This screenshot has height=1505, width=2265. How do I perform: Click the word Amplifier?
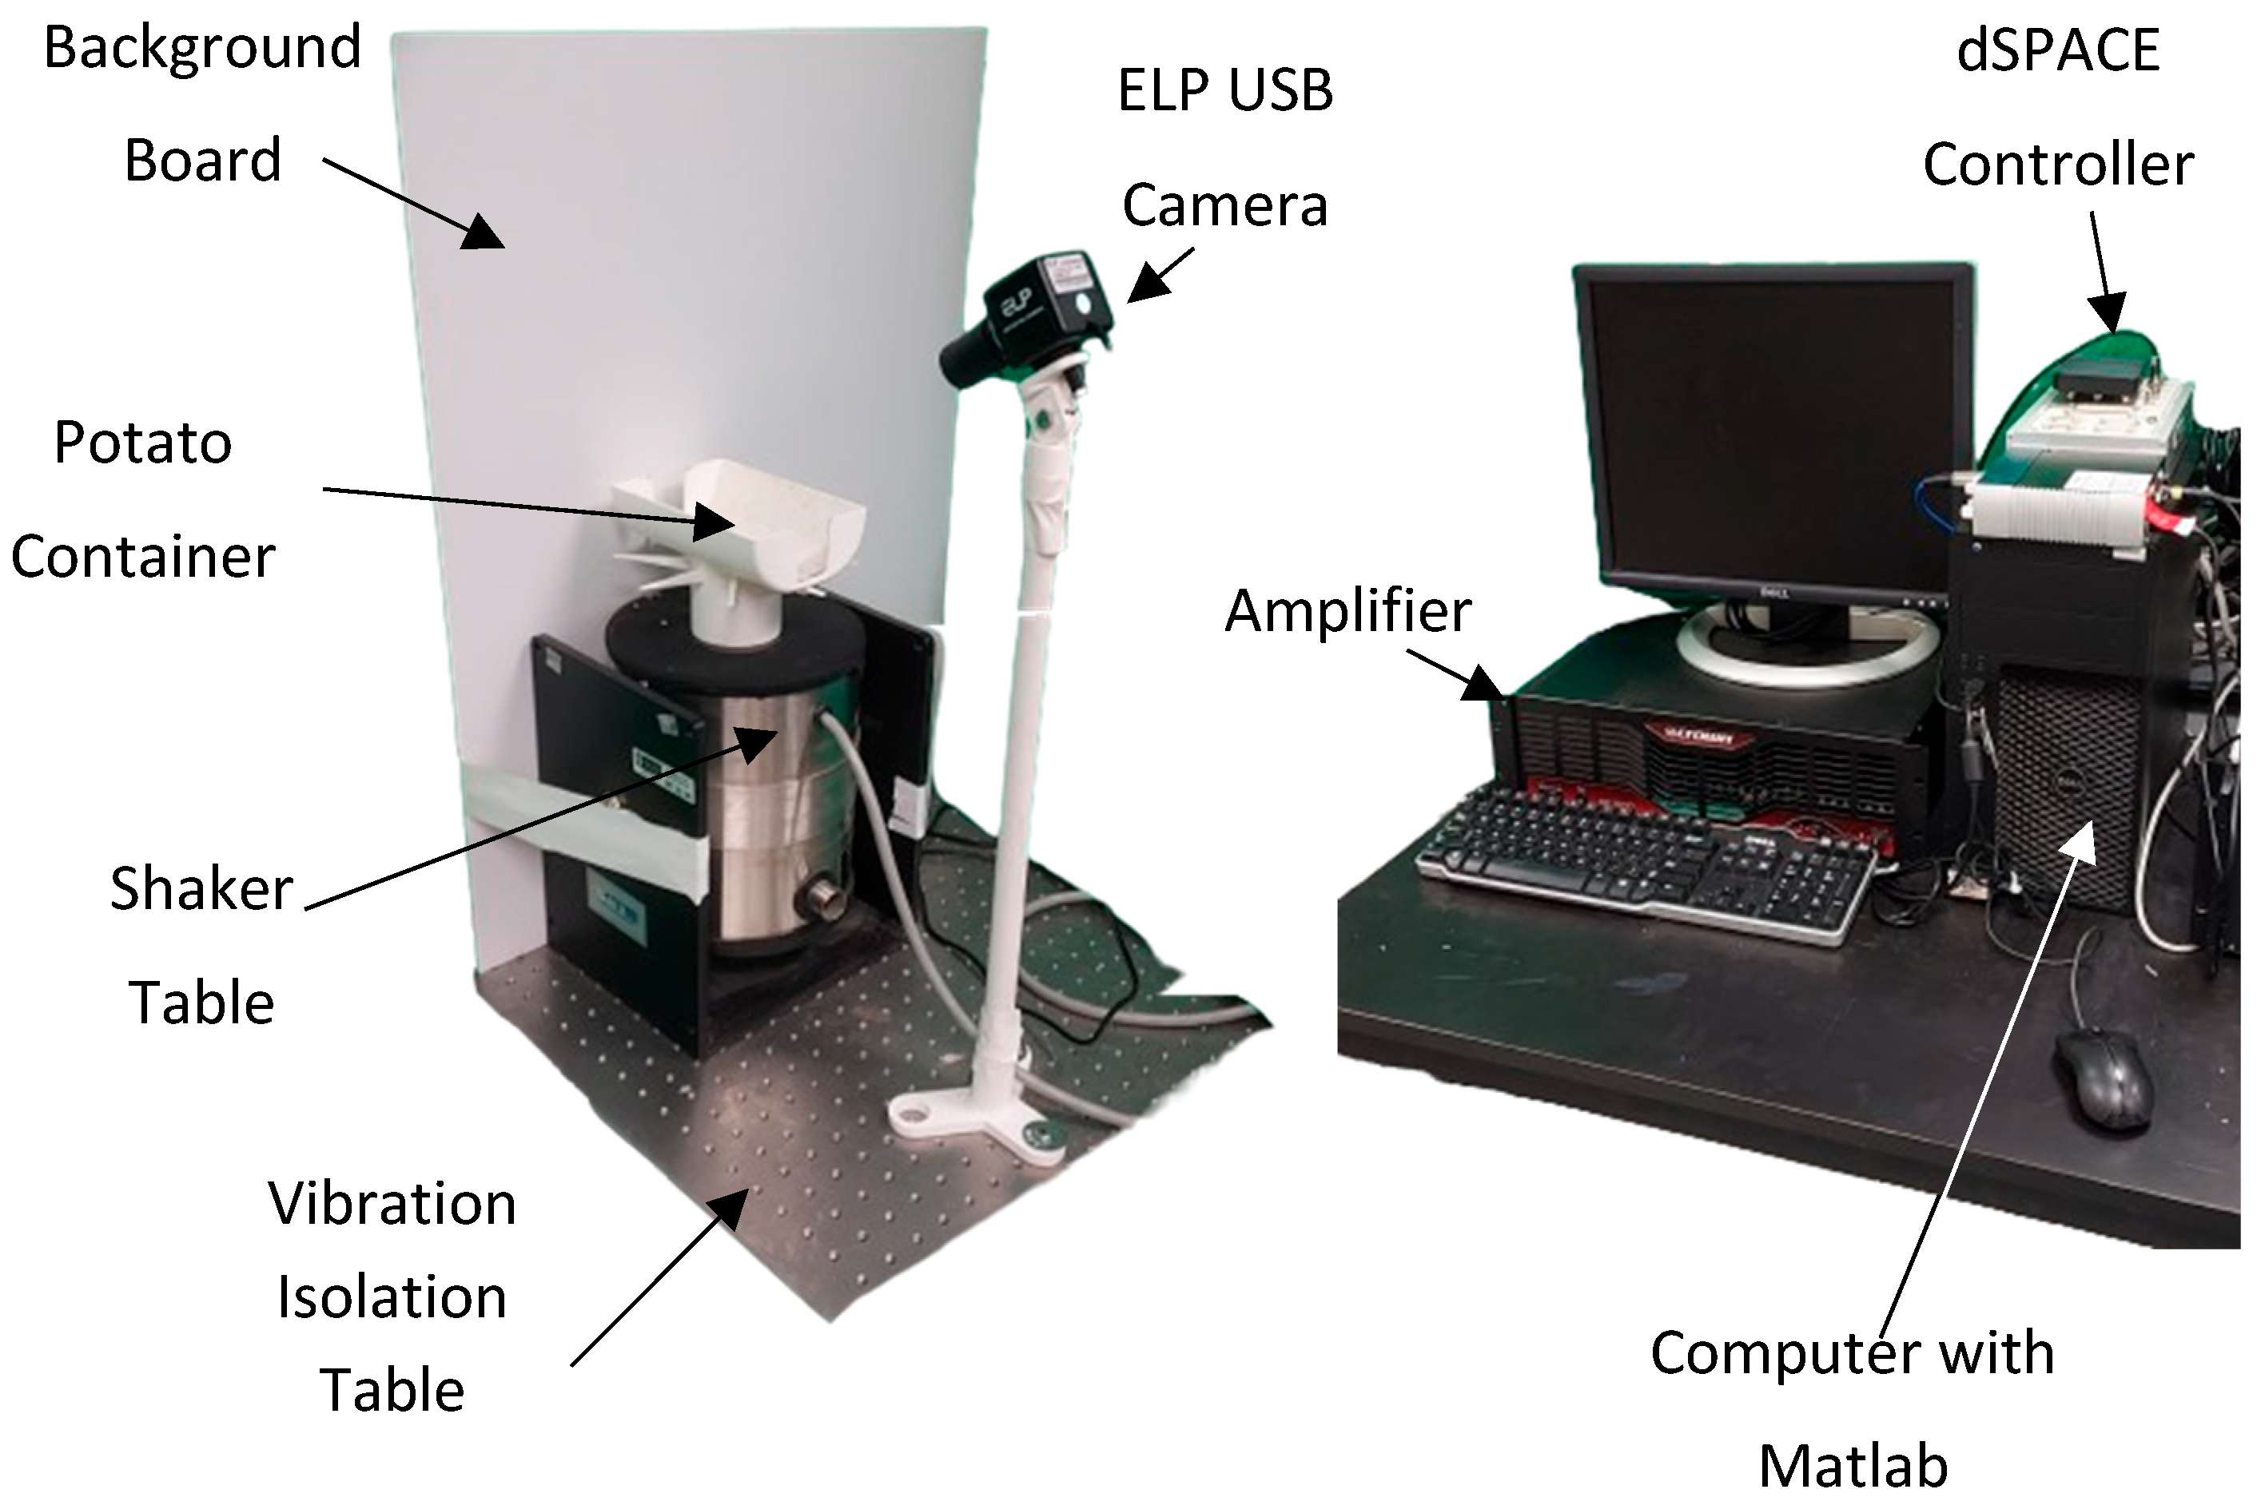(1347, 611)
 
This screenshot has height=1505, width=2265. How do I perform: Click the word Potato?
(142, 443)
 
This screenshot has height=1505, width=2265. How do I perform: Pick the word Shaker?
(201, 889)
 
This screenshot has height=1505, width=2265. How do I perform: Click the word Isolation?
(391, 1297)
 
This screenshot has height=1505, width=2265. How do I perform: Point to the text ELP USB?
(1225, 90)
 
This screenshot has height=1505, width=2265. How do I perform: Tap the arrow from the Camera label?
(1159, 276)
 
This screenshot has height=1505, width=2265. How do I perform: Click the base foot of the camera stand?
(979, 1118)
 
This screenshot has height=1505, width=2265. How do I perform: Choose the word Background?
(202, 48)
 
